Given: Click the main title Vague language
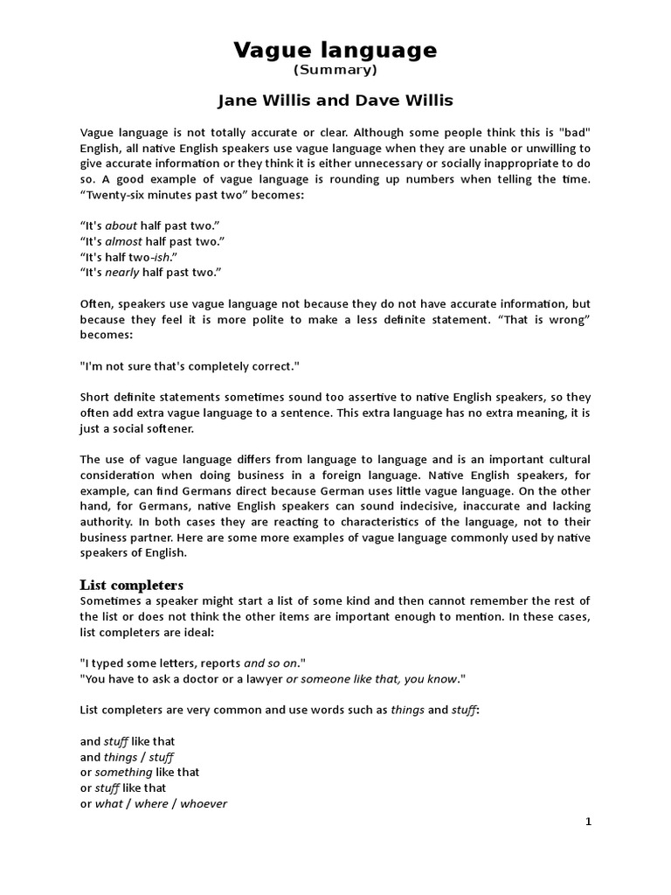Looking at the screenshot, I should (335, 50).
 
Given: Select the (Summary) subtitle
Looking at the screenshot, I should (335, 70).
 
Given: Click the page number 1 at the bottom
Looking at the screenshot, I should (588, 822).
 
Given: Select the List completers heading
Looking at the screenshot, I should (132, 584).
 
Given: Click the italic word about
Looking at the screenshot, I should (121, 225).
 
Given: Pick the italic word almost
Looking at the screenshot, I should (123, 240).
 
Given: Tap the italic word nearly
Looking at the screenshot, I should (121, 272).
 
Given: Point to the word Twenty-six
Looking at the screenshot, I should (112, 194).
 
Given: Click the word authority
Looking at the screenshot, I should (106, 522).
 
